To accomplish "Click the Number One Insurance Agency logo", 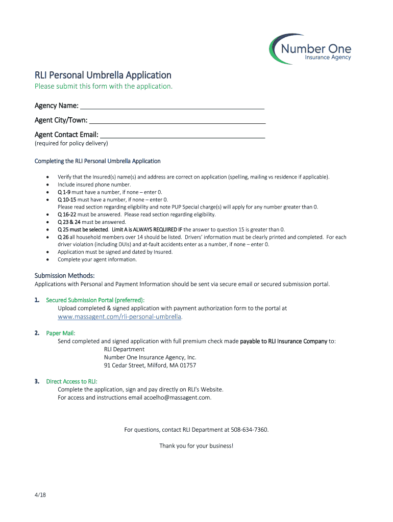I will click(x=310, y=49).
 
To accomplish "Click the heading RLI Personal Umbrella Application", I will click(x=103, y=75).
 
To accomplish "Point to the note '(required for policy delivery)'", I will click(x=71, y=144).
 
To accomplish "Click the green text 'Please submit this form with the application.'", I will click(x=104, y=86).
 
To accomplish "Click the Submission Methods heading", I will click(x=64, y=276).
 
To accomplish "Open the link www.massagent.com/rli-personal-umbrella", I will click(x=120, y=317).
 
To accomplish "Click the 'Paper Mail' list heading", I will click(x=60, y=333).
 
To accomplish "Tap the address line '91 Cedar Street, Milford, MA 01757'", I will click(x=150, y=366).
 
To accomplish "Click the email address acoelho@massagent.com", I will click(x=177, y=398).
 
